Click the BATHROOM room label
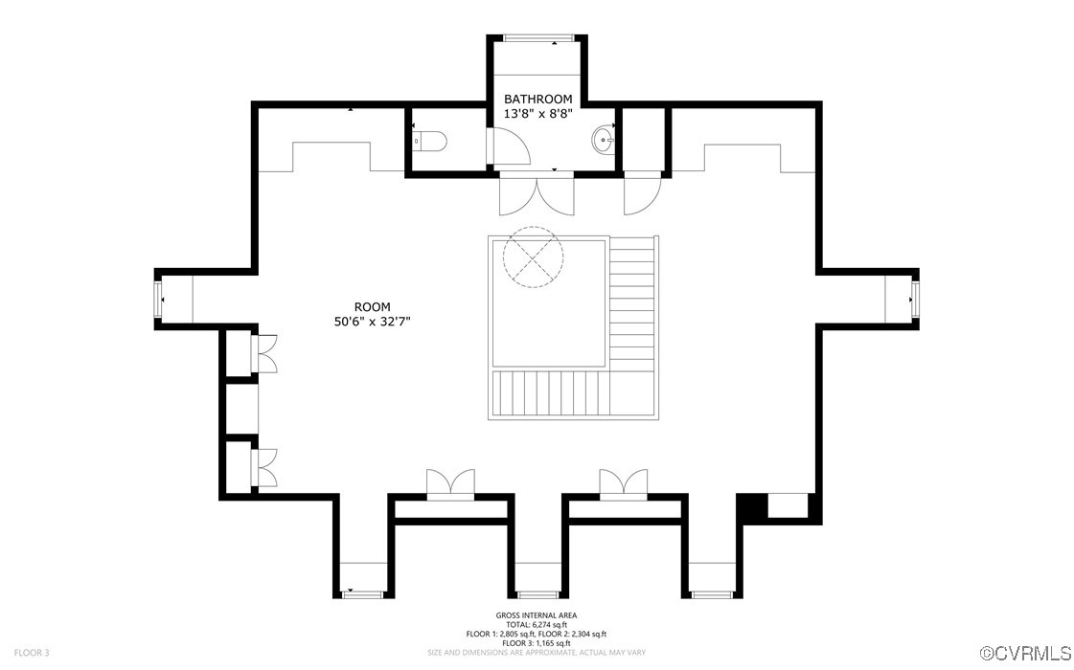coord(537,100)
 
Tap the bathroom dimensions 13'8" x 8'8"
coord(537,114)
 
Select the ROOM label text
coord(372,307)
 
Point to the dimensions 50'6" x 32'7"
coord(372,322)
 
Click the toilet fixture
coord(430,141)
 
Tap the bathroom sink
coord(603,141)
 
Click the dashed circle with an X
coord(533,257)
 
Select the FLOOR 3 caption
coord(32,653)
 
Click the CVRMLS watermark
coord(1025,652)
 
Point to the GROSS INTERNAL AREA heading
coord(537,615)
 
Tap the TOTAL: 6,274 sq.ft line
coord(537,625)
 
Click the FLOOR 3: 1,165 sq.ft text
coord(537,643)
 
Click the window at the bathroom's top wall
coord(537,37)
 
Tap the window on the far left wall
coord(158,299)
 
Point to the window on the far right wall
coord(914,299)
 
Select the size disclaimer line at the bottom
coord(537,653)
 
